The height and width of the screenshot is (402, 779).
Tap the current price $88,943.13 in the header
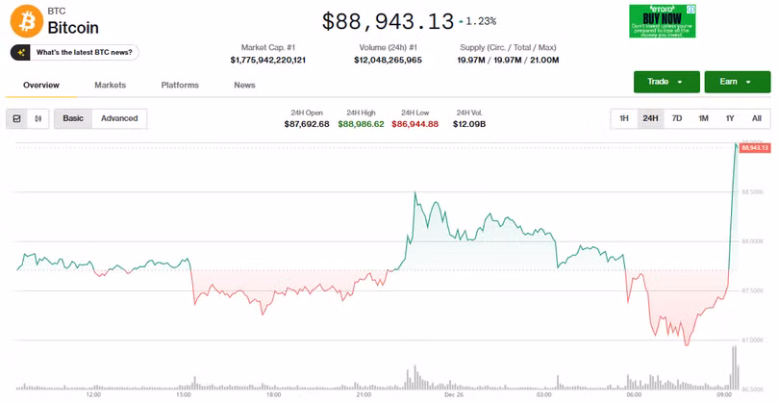point(387,20)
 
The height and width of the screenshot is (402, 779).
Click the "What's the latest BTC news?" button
point(74,52)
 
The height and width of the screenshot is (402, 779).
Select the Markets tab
point(110,86)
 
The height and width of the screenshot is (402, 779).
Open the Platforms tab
point(180,86)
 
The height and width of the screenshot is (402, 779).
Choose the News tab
point(244,86)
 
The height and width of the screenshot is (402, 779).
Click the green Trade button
point(666,82)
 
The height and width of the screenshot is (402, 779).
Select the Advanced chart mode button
point(119,118)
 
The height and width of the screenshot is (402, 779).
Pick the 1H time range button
point(624,118)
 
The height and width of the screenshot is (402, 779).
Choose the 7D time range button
point(677,118)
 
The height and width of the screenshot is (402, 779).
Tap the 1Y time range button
point(730,118)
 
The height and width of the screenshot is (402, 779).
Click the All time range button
point(756,118)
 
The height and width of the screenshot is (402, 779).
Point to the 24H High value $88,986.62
point(361,124)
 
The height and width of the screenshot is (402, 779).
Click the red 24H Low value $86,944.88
point(415,124)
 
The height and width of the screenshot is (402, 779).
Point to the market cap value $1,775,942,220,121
point(267,60)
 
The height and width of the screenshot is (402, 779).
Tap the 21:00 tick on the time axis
point(364,394)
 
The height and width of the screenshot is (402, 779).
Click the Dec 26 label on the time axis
point(455,394)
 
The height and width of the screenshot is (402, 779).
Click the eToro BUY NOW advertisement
point(662,21)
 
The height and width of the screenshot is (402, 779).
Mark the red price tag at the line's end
point(754,147)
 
